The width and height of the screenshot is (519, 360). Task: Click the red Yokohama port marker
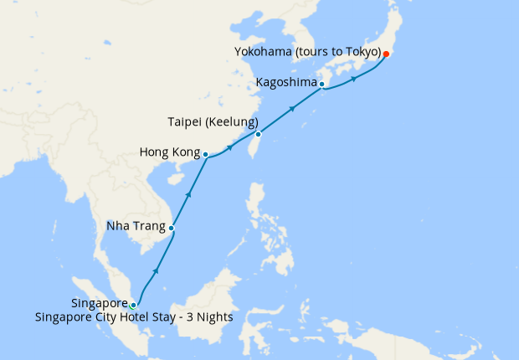(386, 54)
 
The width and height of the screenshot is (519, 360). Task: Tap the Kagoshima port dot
(321, 84)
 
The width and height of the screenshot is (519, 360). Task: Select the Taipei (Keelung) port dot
(258, 134)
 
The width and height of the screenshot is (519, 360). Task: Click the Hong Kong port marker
(206, 154)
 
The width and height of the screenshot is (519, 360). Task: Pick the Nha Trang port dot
(172, 228)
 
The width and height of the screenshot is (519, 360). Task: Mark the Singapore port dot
(133, 305)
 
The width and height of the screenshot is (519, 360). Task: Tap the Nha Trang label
(136, 226)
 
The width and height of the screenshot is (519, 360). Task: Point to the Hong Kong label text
(168, 153)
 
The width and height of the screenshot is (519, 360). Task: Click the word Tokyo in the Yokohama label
(364, 52)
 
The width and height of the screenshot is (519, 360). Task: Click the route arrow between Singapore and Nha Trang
(155, 272)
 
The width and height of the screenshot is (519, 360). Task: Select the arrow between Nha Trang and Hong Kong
(188, 194)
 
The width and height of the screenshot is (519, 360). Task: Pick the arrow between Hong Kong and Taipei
(229, 147)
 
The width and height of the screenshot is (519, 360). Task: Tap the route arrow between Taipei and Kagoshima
(292, 108)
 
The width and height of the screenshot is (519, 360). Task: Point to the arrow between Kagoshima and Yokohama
(354, 79)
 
